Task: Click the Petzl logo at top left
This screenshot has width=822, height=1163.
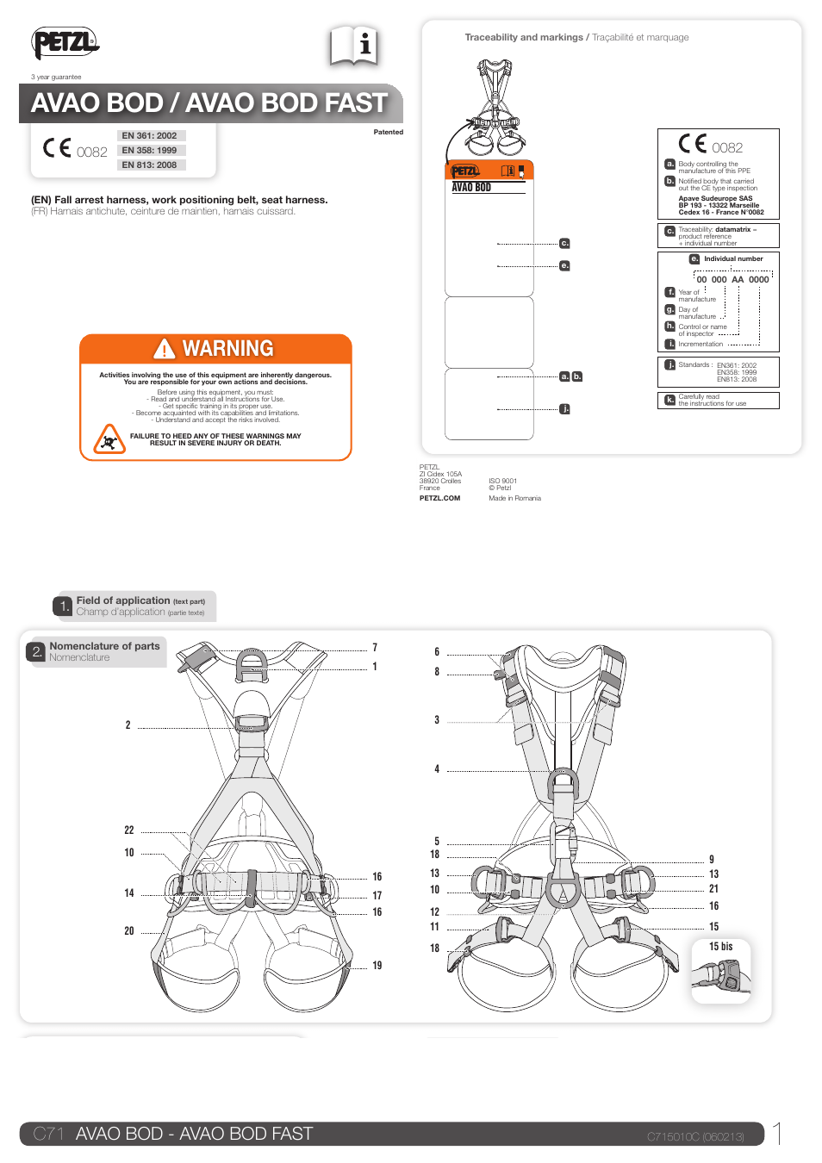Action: coord(65,42)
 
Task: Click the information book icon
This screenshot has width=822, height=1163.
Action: coord(354,46)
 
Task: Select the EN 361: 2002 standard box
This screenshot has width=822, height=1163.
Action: coord(150,135)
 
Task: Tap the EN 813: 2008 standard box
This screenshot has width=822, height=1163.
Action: coord(150,165)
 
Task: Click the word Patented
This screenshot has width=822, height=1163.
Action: coord(388,132)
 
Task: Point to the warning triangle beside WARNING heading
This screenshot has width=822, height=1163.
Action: coord(164,349)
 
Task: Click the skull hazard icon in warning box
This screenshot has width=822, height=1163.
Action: coord(109,441)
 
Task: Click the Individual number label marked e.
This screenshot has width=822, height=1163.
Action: coord(732,258)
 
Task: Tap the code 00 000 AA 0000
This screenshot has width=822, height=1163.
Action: coord(732,279)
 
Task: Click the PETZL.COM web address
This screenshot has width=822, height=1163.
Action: coord(439,498)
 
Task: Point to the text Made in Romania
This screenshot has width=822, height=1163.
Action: coord(514,498)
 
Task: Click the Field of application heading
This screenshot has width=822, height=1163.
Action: coord(122,600)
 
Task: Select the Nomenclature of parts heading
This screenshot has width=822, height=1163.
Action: coord(104,646)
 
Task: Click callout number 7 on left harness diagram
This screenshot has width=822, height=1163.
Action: coord(375,648)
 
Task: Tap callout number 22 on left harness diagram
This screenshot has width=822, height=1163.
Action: coord(129,830)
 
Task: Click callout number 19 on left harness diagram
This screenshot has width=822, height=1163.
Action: coord(377,966)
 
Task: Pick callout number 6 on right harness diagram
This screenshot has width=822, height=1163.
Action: coord(437,652)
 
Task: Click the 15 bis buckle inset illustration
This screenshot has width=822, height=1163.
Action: coord(721,977)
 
